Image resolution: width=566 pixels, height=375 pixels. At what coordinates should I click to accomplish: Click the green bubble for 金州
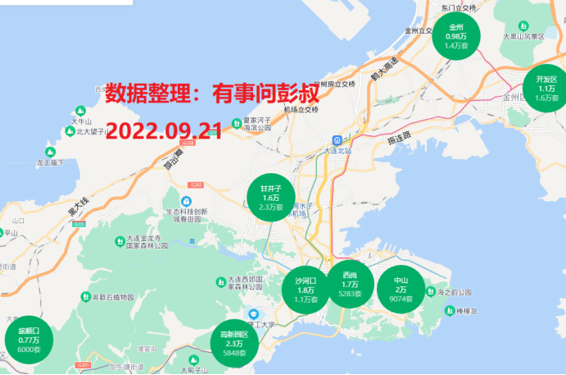click(x=456, y=36)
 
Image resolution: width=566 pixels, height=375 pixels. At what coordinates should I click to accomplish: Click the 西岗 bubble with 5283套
click(x=350, y=284)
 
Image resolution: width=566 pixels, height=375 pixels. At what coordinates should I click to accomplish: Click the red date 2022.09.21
click(x=165, y=131)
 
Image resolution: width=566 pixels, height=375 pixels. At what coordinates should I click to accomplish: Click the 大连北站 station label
click(x=337, y=150)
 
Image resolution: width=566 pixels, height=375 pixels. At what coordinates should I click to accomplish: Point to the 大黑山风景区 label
click(x=524, y=36)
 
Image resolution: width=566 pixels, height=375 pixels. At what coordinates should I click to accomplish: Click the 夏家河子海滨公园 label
click(x=257, y=123)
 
